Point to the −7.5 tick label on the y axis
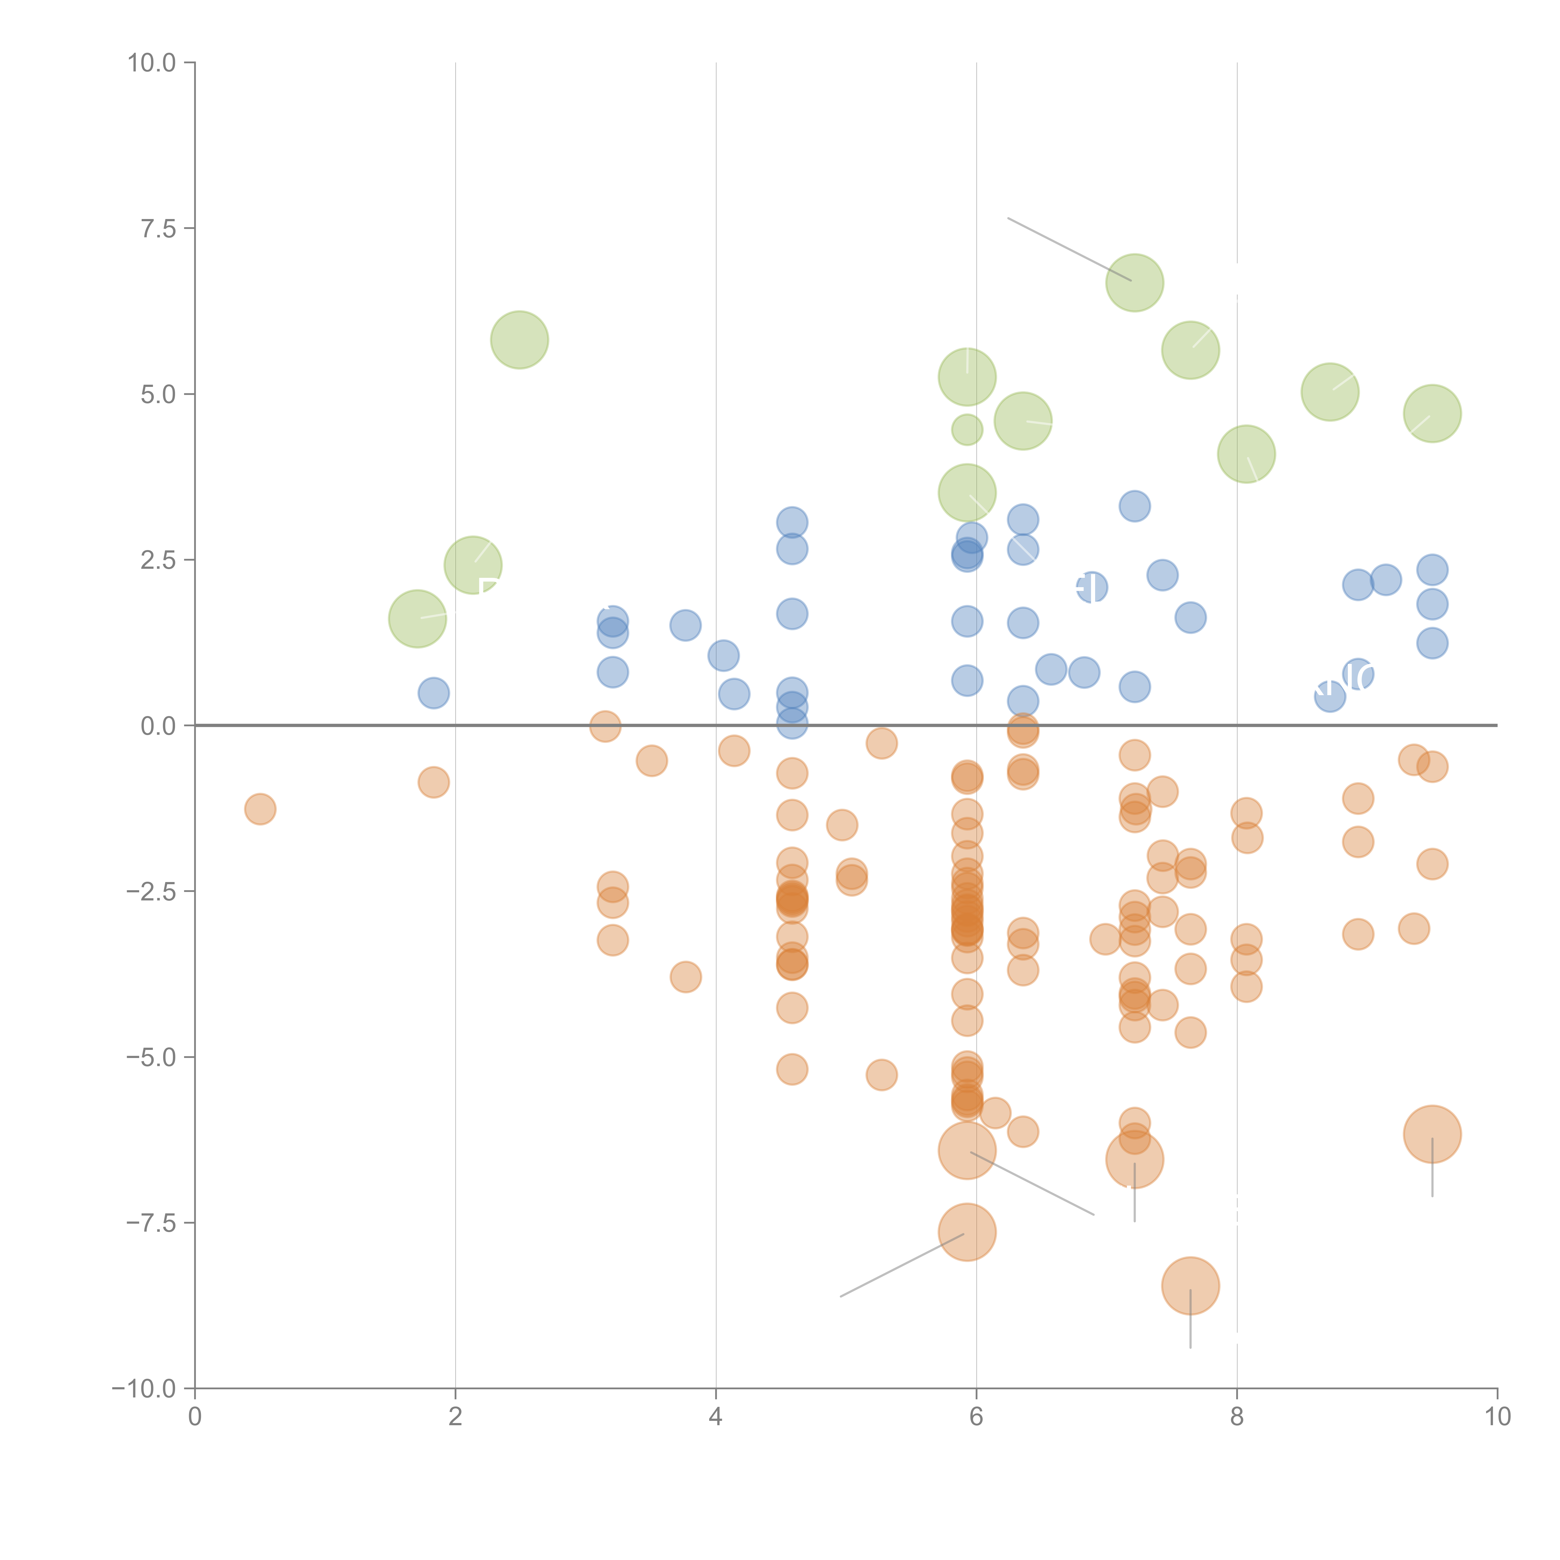(x=151, y=1222)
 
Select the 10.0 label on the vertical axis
(x=152, y=63)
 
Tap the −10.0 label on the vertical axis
(x=144, y=1389)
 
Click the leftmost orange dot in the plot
(x=260, y=809)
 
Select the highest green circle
(x=1134, y=283)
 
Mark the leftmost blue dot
(x=434, y=693)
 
